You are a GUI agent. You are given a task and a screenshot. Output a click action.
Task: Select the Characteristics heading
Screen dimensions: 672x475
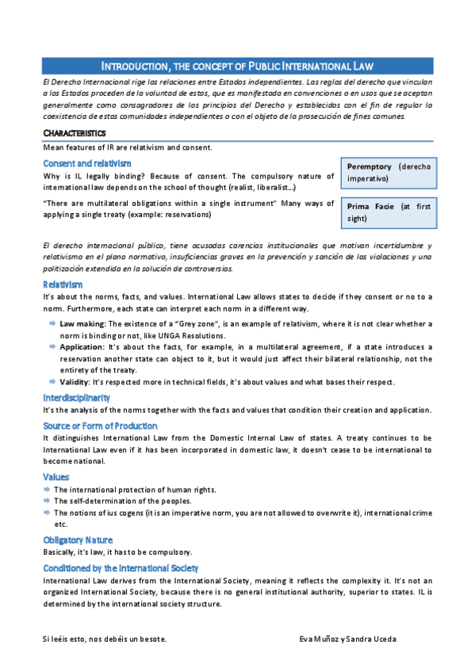tap(74, 132)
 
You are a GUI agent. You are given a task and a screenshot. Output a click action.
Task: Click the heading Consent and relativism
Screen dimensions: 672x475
tap(87, 163)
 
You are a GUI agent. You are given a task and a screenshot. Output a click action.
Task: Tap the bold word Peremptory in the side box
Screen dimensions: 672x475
tap(370, 166)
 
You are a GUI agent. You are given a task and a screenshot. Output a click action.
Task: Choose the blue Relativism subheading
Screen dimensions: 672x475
tap(63, 284)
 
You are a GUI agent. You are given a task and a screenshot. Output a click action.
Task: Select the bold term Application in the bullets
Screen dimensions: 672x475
tap(82, 347)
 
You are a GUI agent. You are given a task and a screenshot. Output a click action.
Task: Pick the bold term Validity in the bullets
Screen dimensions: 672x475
tap(75, 382)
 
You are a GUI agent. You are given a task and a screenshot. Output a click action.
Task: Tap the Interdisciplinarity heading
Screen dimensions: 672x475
tap(76, 397)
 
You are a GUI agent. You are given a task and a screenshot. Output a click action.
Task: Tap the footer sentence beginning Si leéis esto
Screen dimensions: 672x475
tap(105, 638)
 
